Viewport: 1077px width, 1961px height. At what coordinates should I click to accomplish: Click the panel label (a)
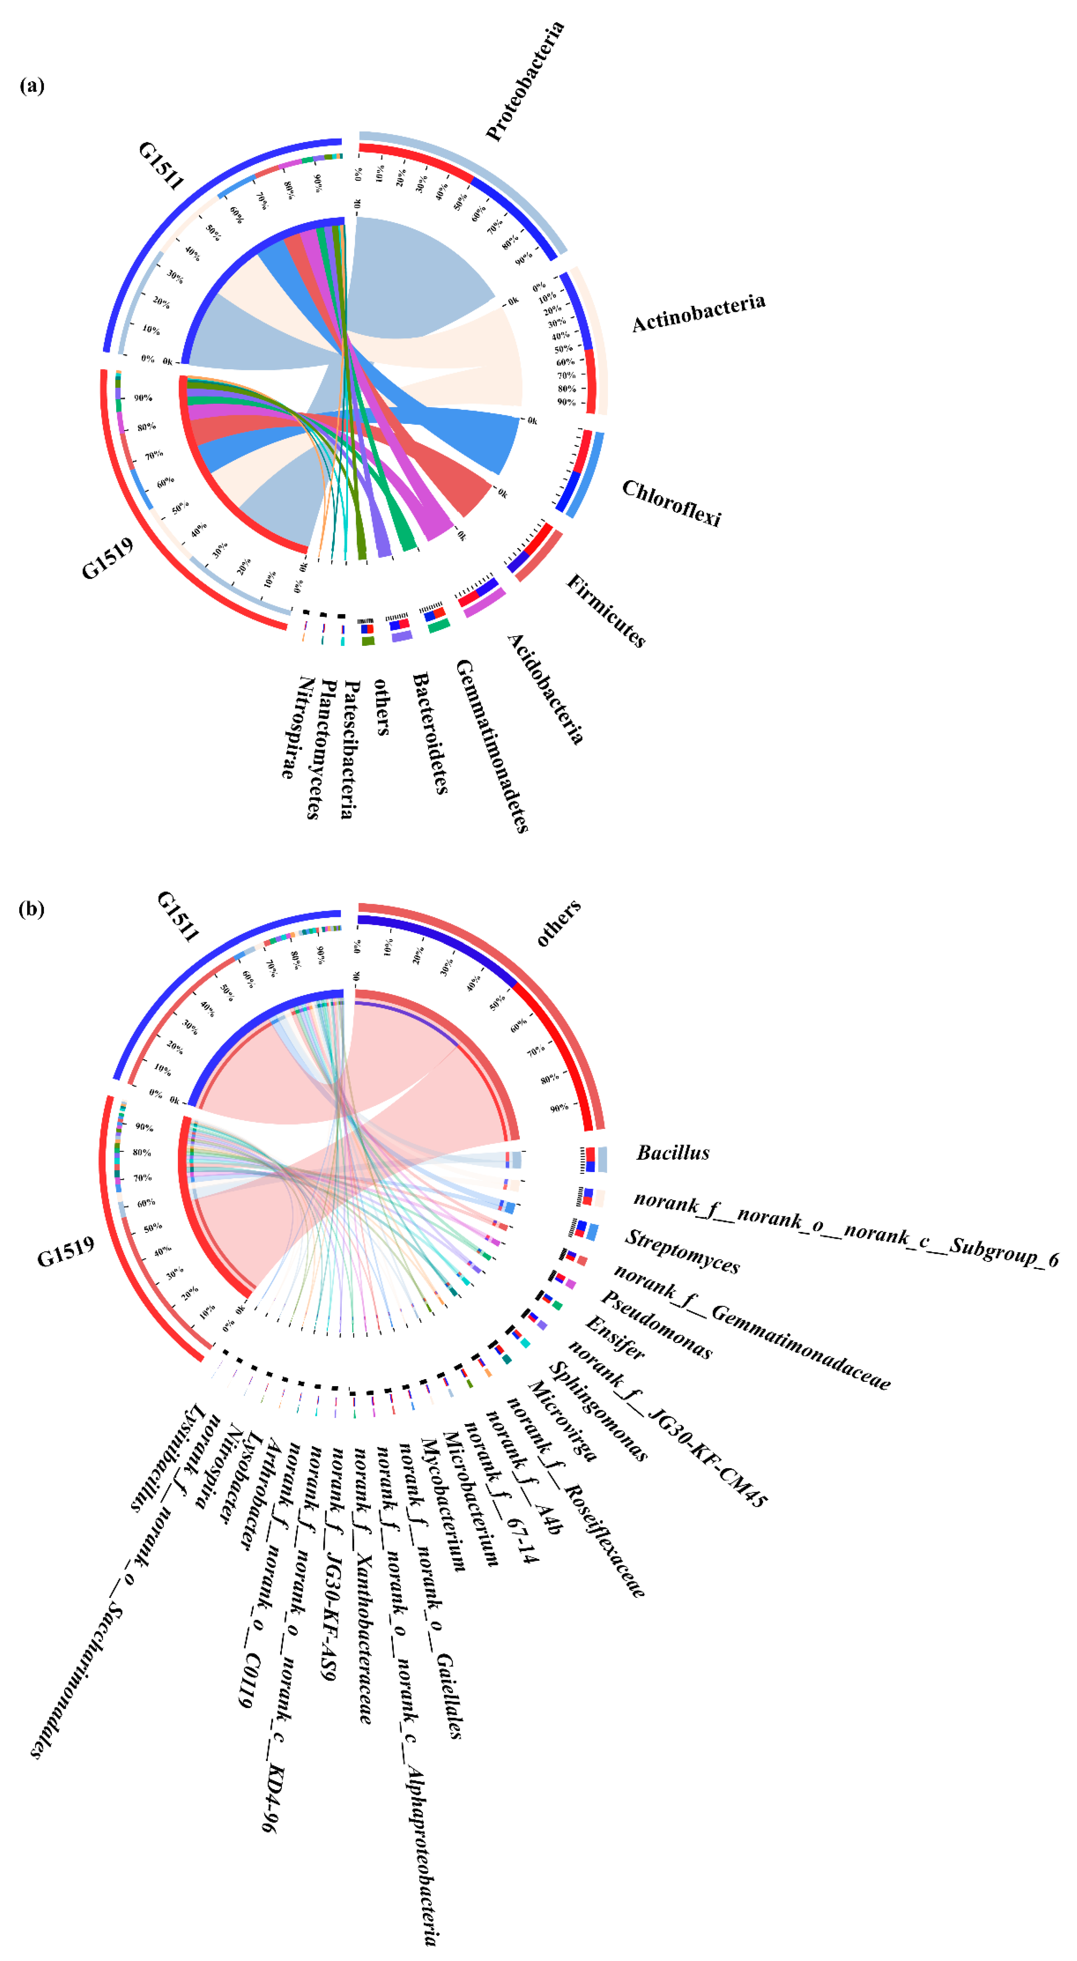[32, 85]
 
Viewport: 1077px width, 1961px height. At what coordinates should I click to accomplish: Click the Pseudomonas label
[656, 1325]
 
